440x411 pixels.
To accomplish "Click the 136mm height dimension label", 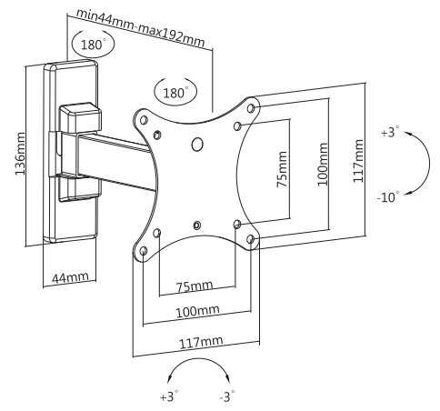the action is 20,154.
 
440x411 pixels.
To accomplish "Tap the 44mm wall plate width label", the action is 70,277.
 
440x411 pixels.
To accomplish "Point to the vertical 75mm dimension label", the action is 282,169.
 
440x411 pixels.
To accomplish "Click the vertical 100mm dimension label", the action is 323,164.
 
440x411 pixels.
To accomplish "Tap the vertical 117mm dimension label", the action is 358,160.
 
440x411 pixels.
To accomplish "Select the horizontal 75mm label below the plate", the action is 195,286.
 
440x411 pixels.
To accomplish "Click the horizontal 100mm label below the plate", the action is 197,311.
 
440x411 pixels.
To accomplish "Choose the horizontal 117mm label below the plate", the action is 201,342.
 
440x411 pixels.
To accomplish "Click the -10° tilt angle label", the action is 388,197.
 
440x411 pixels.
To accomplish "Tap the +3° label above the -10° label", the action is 390,133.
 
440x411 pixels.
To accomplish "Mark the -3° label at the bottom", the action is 227,396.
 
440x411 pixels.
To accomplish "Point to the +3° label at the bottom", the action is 169,396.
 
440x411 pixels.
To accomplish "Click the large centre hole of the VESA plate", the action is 197,144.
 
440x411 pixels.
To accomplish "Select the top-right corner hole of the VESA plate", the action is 251,108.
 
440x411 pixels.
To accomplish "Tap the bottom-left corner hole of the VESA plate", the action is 144,251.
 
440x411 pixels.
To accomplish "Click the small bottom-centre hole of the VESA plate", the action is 197,225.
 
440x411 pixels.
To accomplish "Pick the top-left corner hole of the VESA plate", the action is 144,120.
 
